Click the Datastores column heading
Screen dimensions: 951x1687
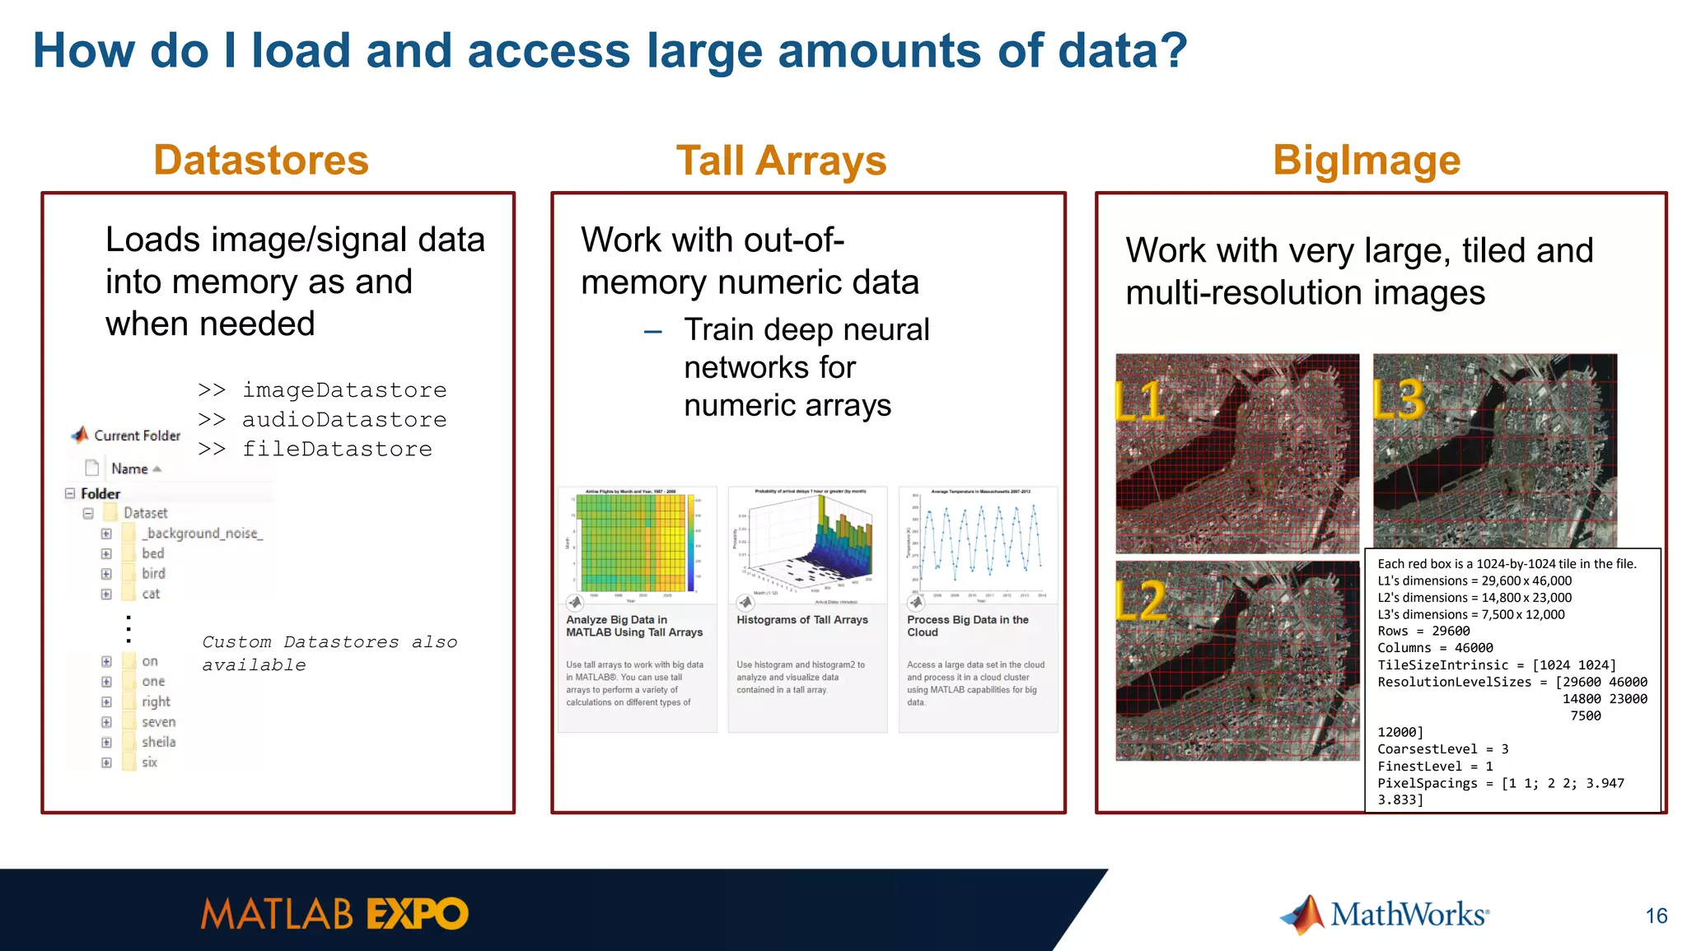tap(260, 160)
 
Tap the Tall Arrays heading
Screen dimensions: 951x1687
tap(781, 161)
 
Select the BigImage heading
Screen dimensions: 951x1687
tap(1366, 161)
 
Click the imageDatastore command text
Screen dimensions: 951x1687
tap(343, 390)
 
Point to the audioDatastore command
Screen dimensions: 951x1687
tap(343, 420)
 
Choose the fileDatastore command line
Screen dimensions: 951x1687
tap(336, 450)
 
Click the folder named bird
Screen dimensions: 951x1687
tap(153, 574)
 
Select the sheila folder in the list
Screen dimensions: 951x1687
tap(158, 743)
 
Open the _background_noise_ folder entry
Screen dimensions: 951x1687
tap(202, 534)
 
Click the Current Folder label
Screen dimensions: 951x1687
tap(137, 436)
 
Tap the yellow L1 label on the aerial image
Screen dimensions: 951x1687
tap(1139, 403)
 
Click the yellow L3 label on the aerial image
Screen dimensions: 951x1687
tap(1399, 399)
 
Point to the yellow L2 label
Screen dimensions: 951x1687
tap(1141, 601)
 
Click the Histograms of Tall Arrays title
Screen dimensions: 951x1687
tap(801, 620)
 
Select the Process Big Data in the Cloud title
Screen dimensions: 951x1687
tap(967, 626)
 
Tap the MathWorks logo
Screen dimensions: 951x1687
tap(1385, 915)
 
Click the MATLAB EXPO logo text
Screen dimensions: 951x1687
tap(334, 915)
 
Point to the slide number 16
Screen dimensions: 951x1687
tap(1656, 916)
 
